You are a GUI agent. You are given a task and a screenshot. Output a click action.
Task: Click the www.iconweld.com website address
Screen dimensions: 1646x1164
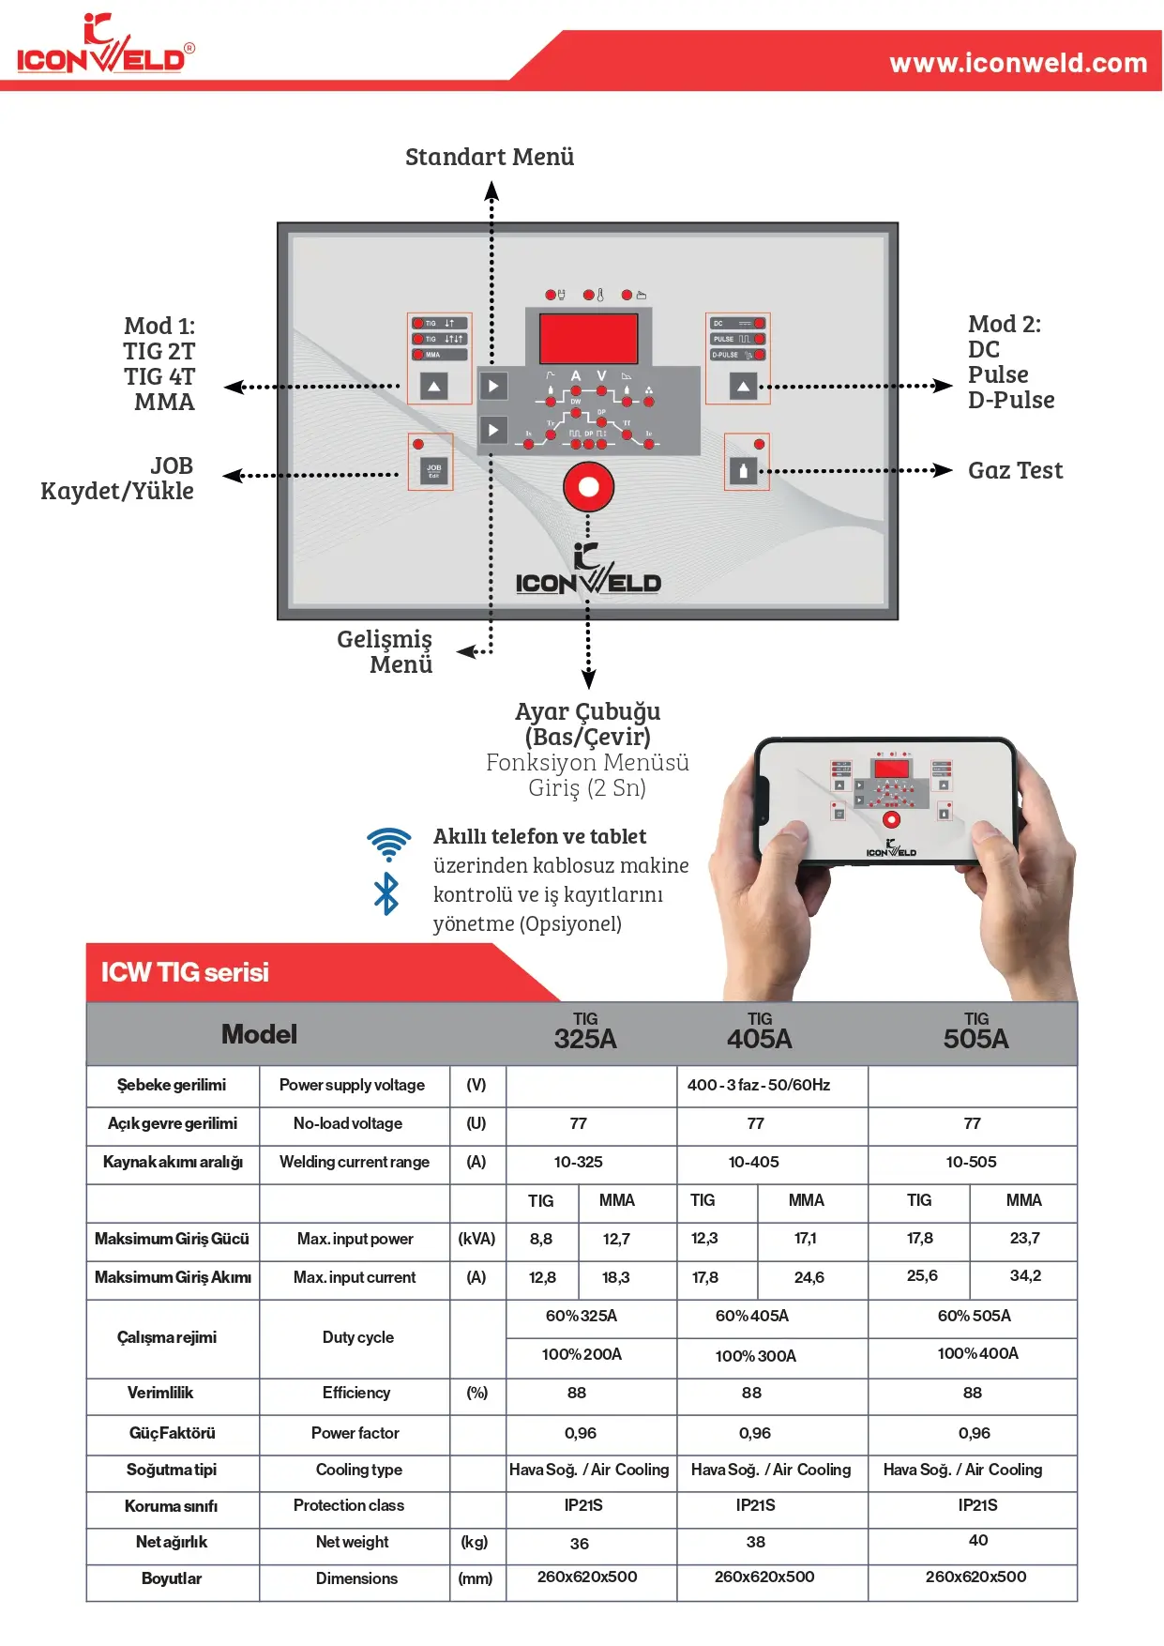click(x=1018, y=63)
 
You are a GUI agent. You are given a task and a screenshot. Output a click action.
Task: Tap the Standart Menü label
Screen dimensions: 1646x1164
click(x=489, y=157)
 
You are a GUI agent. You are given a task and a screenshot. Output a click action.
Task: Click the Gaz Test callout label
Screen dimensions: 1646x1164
click(x=1015, y=470)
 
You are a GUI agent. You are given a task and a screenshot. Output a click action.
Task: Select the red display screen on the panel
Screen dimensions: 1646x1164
click(x=588, y=338)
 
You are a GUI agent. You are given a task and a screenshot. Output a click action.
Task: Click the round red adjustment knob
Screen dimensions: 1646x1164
click(x=588, y=487)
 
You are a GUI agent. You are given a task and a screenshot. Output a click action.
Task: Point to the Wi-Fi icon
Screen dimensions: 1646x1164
click(x=388, y=843)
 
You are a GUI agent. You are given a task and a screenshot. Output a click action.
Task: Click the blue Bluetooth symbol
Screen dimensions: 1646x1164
click(x=385, y=893)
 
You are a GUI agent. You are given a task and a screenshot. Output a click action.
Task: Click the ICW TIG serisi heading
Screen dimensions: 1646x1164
click(x=185, y=972)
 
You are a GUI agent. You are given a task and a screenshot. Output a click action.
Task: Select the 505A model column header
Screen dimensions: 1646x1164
click(x=975, y=1032)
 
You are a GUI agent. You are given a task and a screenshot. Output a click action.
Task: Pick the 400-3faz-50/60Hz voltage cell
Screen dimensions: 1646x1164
click(x=758, y=1085)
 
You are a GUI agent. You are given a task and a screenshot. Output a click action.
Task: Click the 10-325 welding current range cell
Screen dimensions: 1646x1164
click(x=578, y=1162)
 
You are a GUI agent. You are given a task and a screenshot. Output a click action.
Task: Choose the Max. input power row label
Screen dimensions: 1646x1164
click(x=355, y=1239)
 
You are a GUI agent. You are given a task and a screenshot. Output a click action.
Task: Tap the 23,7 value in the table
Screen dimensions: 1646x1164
click(x=1024, y=1238)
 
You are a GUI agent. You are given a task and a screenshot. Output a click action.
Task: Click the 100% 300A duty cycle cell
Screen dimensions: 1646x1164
click(x=755, y=1356)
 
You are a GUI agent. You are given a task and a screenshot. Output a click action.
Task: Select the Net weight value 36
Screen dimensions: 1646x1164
click(x=580, y=1544)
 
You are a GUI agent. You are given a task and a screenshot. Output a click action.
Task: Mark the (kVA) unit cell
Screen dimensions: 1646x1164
click(x=476, y=1239)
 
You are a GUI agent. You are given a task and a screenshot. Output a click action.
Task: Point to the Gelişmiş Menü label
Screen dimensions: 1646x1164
click(x=385, y=651)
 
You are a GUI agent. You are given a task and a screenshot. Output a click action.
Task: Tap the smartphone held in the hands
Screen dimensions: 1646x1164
click(x=886, y=800)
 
